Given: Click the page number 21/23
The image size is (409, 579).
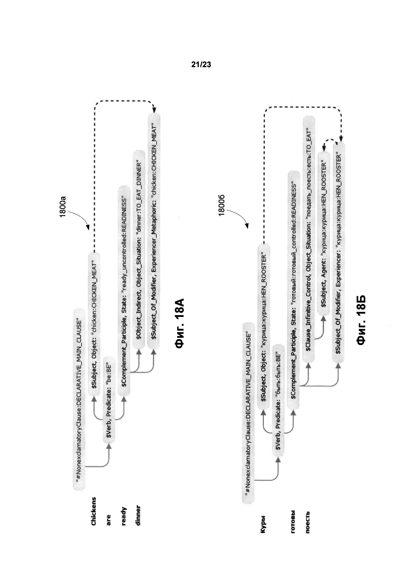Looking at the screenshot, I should pos(201,65).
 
